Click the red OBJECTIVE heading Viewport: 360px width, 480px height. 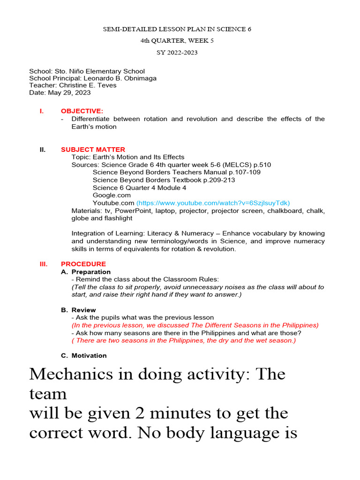(x=82, y=111)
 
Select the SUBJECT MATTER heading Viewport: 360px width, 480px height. (x=93, y=150)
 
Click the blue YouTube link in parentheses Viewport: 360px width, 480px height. (x=213, y=203)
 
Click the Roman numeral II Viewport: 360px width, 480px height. (x=43, y=150)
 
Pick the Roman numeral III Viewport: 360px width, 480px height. (x=44, y=264)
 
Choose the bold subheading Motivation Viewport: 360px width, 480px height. (x=89, y=355)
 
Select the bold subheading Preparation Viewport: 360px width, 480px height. (x=91, y=272)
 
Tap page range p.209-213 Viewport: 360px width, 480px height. (x=219, y=180)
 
